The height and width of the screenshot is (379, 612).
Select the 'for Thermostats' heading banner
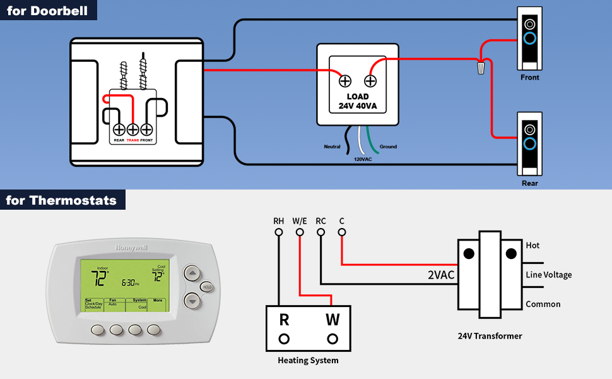[62, 200]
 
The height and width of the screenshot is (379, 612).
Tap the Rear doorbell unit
[529, 143]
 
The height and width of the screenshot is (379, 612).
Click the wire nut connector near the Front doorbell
[482, 66]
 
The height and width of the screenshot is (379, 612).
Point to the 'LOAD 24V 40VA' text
[357, 101]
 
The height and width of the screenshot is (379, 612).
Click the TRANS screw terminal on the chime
[133, 129]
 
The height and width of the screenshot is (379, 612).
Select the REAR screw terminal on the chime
[119, 129]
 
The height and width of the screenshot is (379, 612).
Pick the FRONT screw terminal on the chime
[148, 129]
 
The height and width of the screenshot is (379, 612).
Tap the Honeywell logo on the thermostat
[131, 248]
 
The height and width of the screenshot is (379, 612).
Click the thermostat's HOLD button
[206, 287]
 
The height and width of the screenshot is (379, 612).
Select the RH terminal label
[278, 221]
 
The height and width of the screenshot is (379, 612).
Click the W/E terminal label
[300, 221]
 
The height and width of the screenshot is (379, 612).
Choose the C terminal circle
[342, 232]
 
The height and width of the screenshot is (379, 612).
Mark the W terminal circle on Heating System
[332, 338]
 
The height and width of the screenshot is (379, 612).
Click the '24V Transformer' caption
[490, 336]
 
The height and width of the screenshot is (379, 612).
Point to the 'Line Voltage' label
[548, 275]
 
